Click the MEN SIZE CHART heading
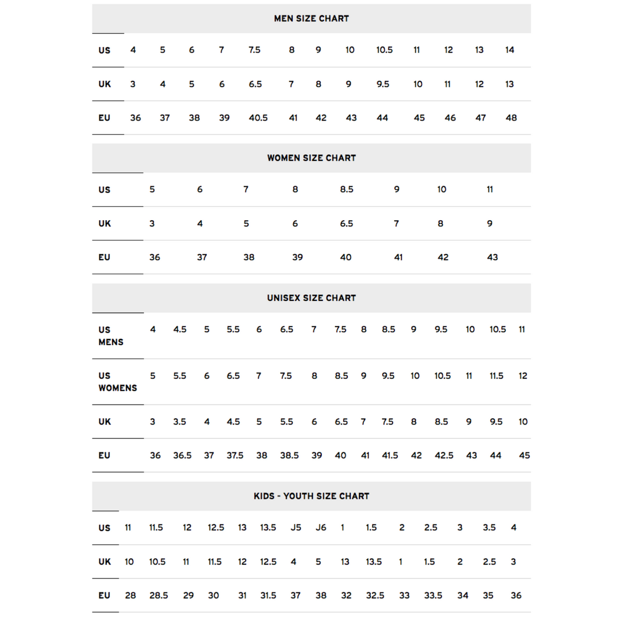pyautogui.click(x=311, y=18)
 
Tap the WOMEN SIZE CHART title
pyautogui.click(x=311, y=158)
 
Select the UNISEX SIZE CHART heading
pyautogui.click(x=311, y=298)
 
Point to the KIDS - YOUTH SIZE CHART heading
pyautogui.click(x=311, y=496)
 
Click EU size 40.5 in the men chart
pyautogui.click(x=258, y=118)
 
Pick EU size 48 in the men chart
pyautogui.click(x=511, y=118)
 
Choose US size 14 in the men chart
pyautogui.click(x=509, y=50)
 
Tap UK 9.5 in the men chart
pyautogui.click(x=383, y=84)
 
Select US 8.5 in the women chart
pyautogui.click(x=346, y=189)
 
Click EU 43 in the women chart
pyautogui.click(x=492, y=257)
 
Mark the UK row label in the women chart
pyautogui.click(x=104, y=224)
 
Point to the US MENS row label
pyautogui.click(x=110, y=336)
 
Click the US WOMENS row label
pyautogui.click(x=117, y=381)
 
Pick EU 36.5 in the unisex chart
pyautogui.click(x=182, y=456)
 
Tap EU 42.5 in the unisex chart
pyautogui.click(x=444, y=456)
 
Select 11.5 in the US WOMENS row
pyautogui.click(x=496, y=376)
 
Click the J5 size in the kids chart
pyautogui.click(x=296, y=528)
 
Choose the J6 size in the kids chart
pyautogui.click(x=321, y=528)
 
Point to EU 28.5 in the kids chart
pyautogui.click(x=158, y=595)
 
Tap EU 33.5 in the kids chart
pyautogui.click(x=433, y=595)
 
